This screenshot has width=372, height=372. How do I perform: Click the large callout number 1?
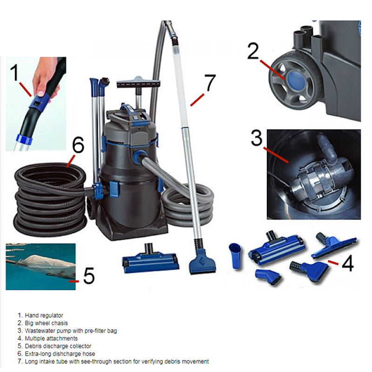pyautogui.click(x=15, y=73)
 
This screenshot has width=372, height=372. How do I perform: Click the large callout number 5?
pyautogui.click(x=88, y=276)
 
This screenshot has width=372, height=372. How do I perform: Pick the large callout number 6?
pyautogui.click(x=78, y=146)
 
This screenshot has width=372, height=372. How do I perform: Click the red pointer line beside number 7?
pyautogui.click(x=197, y=100)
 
